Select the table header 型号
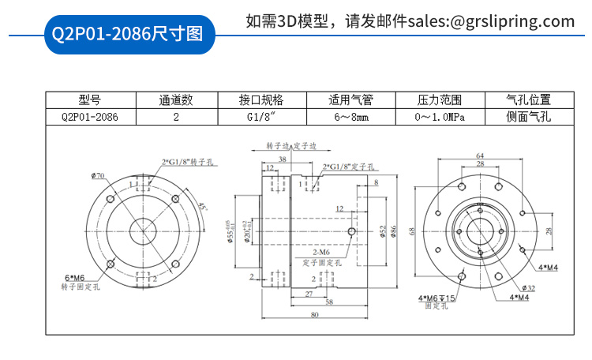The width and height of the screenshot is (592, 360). [90, 100]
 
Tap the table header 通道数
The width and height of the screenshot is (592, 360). [175, 100]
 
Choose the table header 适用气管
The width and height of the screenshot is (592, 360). [350, 100]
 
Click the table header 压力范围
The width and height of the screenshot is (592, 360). [439, 100]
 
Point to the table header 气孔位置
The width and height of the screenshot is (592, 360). [528, 100]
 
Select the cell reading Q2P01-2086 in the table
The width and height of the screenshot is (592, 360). [90, 117]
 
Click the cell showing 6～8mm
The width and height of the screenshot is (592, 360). [350, 117]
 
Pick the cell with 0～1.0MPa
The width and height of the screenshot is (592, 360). [439, 117]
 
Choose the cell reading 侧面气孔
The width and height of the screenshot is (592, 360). [528, 117]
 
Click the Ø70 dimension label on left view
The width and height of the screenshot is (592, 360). [98, 174]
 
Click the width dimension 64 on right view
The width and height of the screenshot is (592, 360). [480, 156]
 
